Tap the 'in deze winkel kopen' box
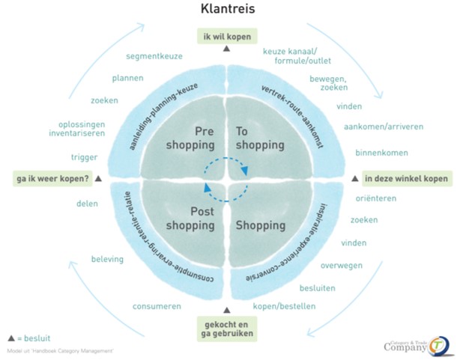(x=405, y=179)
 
